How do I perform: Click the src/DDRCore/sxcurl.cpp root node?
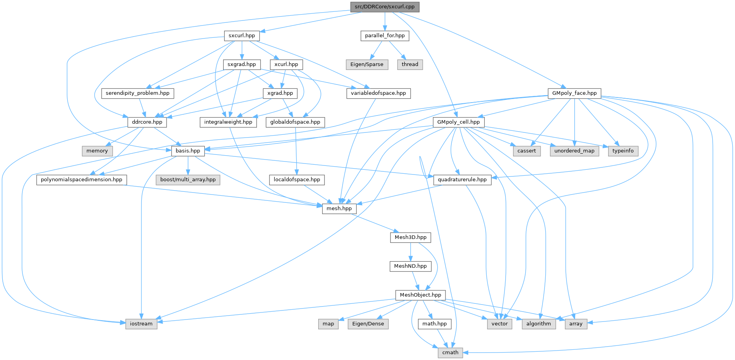click(385, 7)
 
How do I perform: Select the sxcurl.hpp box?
click(242, 35)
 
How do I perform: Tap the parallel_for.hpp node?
click(385, 35)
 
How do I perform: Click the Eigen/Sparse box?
click(367, 64)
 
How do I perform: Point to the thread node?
click(410, 64)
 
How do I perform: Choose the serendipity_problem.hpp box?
click(137, 93)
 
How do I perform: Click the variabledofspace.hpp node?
click(378, 93)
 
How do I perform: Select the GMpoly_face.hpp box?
click(574, 93)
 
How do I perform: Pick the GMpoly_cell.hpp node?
click(458, 122)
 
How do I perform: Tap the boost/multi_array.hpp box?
click(188, 180)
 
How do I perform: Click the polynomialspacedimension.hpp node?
click(82, 180)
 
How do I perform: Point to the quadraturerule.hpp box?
click(462, 180)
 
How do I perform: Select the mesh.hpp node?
click(339, 208)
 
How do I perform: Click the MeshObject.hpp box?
click(420, 295)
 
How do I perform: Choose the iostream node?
click(141, 324)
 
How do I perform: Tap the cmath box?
click(450, 353)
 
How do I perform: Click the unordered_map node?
click(574, 151)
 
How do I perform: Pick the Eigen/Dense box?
click(368, 324)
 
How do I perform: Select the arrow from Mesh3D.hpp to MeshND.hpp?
click(411, 252)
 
